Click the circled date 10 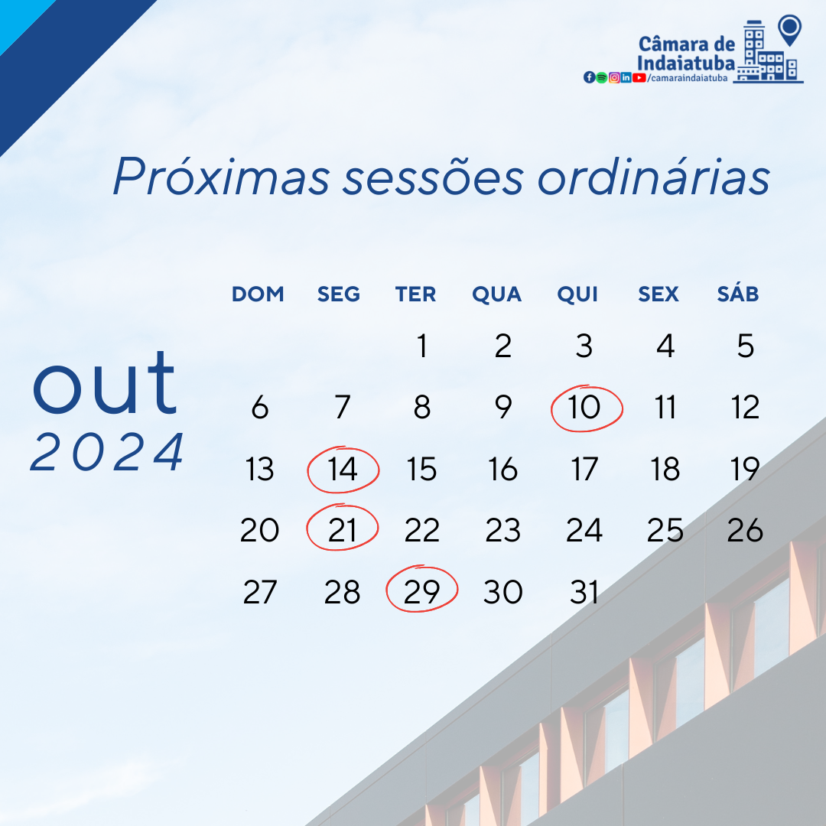tap(586, 408)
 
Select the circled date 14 tap(343, 470)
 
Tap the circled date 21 tap(343, 530)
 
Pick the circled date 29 tap(421, 592)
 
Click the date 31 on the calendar tap(584, 592)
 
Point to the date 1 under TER tap(421, 346)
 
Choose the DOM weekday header tap(258, 294)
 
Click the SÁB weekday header tap(738, 294)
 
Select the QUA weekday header tap(496, 294)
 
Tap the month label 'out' tap(106, 382)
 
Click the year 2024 tap(108, 452)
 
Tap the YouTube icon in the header tap(639, 77)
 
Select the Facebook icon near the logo tap(589, 77)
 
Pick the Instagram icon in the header tap(614, 77)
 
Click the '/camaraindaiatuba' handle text tap(687, 78)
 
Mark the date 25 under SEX tap(665, 530)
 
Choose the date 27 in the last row tap(259, 592)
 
